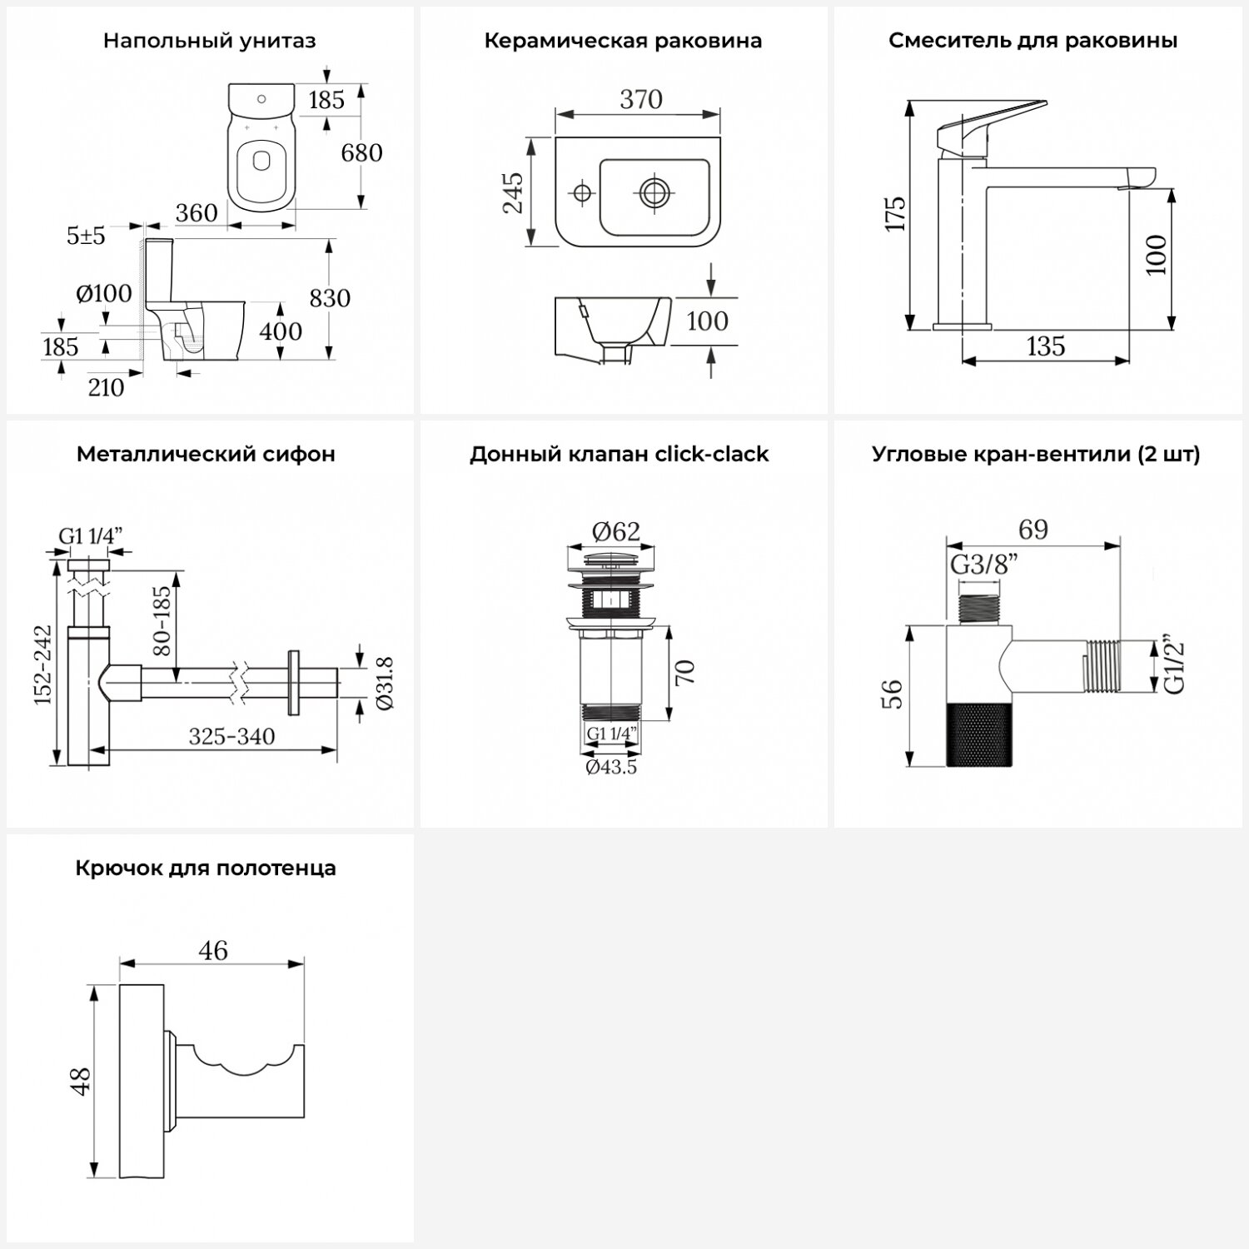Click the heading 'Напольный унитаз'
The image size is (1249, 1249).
click(209, 41)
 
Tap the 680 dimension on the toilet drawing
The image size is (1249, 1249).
click(362, 153)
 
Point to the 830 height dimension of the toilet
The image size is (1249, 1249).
click(330, 298)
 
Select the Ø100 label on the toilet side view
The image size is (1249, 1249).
click(104, 293)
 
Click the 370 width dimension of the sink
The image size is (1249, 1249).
click(641, 100)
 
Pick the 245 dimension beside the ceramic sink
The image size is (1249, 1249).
click(513, 193)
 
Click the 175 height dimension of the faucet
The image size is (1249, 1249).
click(895, 214)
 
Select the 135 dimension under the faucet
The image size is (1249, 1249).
click(1045, 346)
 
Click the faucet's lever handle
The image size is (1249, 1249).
click(991, 121)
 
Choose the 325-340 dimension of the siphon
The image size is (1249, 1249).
click(231, 736)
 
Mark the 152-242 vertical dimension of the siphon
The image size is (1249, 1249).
click(43, 664)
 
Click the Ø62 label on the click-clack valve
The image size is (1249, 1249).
click(616, 530)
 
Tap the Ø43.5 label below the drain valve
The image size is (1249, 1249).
click(611, 768)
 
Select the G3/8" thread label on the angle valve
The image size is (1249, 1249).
click(985, 565)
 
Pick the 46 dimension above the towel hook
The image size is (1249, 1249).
click(214, 950)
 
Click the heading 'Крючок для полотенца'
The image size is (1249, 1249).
click(206, 868)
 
